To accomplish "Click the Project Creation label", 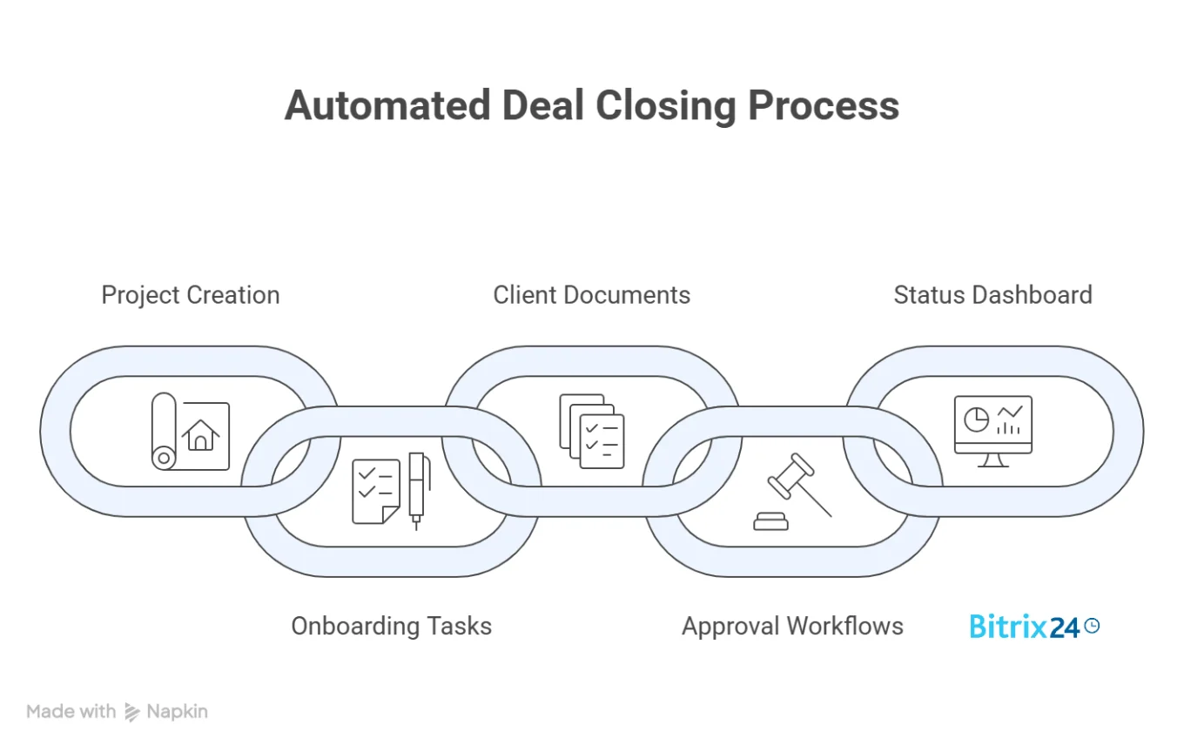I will pyautogui.click(x=190, y=295).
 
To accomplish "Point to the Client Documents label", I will pyautogui.click(x=591, y=295).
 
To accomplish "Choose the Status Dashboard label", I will pyautogui.click(x=992, y=295).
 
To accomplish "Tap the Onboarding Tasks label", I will pyautogui.click(x=391, y=626).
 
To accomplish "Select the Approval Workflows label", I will pyautogui.click(x=792, y=626).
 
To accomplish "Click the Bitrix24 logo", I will pyautogui.click(x=1025, y=626).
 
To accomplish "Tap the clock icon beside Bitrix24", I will pyautogui.click(x=1092, y=625).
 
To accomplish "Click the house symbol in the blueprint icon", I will pyautogui.click(x=201, y=434).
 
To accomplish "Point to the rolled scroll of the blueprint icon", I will pyautogui.click(x=164, y=432).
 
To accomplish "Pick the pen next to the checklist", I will pyautogui.click(x=416, y=490).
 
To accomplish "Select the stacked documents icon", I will pyautogui.click(x=592, y=432).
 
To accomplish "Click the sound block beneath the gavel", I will pyautogui.click(x=770, y=521).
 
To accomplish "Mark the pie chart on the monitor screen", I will pyautogui.click(x=977, y=419).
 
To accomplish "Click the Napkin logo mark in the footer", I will pyautogui.click(x=132, y=712).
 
